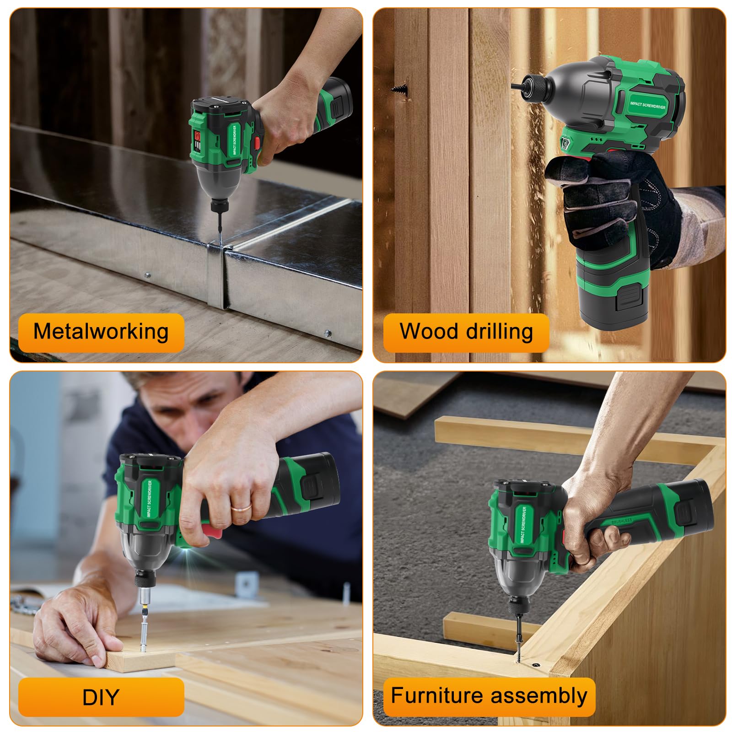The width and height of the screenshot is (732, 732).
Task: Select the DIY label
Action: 101,697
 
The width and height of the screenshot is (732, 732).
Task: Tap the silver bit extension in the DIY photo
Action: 144,618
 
